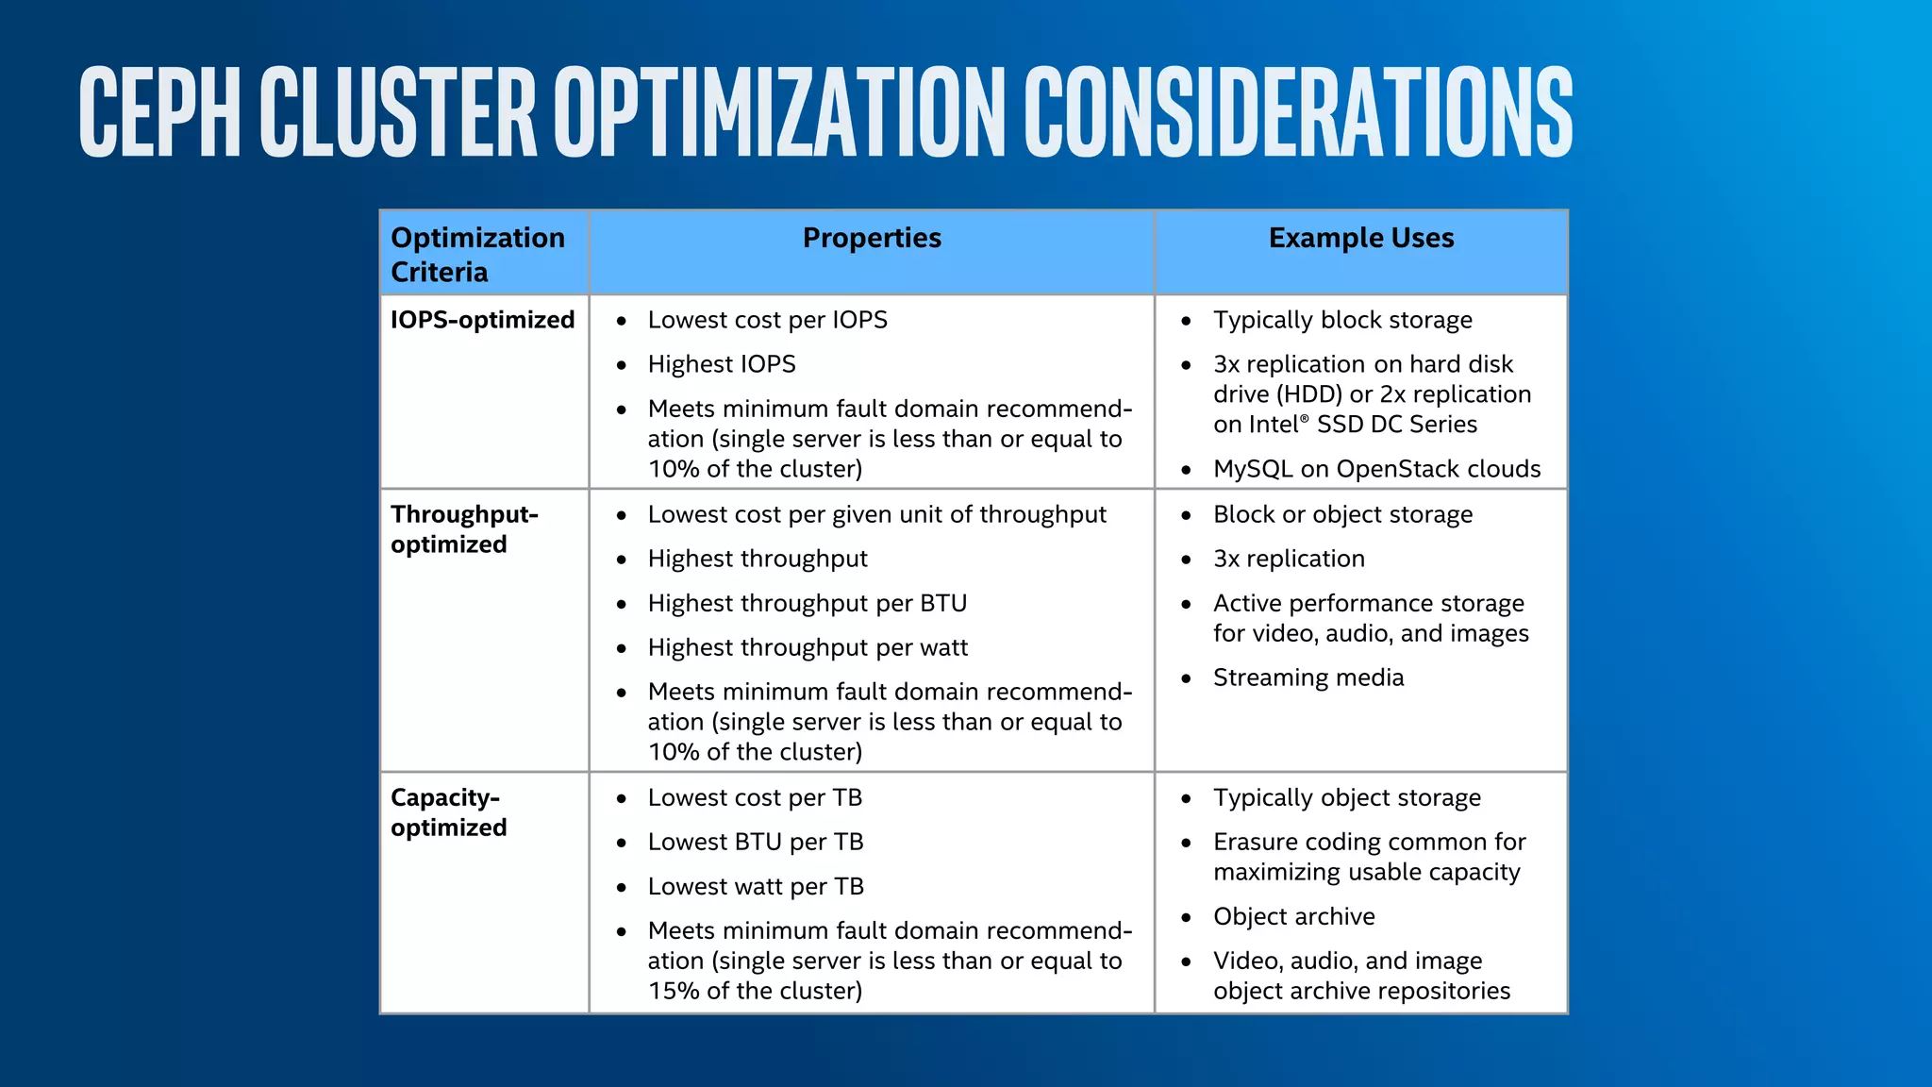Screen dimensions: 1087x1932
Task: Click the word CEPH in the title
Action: coord(160,111)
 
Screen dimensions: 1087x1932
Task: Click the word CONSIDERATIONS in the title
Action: coord(1298,111)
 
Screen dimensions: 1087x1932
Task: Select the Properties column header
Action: coord(872,239)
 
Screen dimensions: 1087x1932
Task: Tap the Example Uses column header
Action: coord(1360,239)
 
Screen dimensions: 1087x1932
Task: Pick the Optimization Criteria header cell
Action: coord(477,255)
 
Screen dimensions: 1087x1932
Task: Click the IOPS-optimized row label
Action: coord(482,320)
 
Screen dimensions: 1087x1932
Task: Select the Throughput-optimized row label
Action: coord(464,529)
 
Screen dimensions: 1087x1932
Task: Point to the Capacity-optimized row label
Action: coord(448,812)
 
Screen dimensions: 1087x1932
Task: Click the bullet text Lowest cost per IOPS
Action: coord(767,320)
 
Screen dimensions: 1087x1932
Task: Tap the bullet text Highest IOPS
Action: coord(722,364)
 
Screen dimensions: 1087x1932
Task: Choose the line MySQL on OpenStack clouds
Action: coord(1376,469)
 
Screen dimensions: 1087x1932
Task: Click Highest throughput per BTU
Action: coord(807,603)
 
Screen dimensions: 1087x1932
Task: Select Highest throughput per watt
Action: coord(808,647)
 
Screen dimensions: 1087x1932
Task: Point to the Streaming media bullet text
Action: coord(1307,677)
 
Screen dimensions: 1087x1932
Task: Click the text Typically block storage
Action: coord(1341,320)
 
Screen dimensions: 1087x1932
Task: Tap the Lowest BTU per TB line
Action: coord(755,842)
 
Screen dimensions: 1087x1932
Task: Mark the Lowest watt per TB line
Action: coord(755,886)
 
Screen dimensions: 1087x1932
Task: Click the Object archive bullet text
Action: coord(1293,916)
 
